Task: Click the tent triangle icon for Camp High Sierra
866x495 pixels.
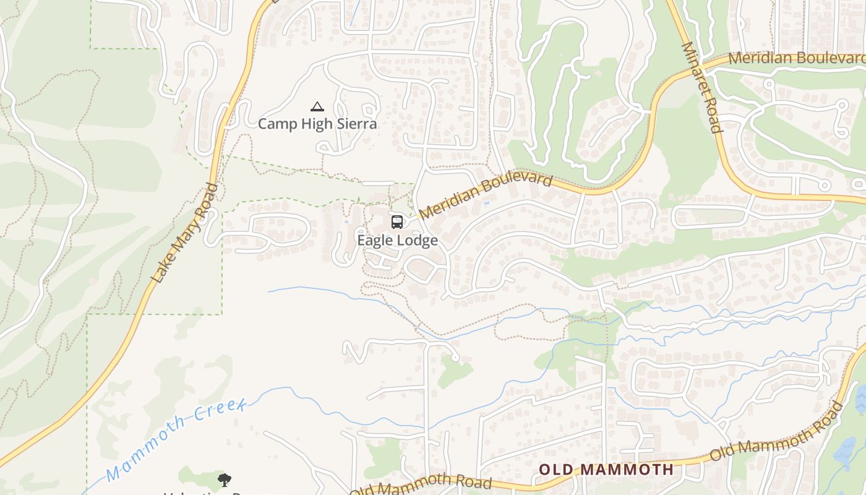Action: point(317,106)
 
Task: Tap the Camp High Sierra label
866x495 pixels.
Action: point(317,124)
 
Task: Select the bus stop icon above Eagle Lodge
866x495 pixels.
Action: point(397,222)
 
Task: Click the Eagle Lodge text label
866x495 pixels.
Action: point(397,240)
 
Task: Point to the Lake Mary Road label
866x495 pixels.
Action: point(185,233)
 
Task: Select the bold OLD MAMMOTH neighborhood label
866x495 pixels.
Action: point(606,469)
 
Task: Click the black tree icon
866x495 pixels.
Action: point(225,480)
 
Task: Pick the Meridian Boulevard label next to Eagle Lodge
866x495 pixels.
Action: point(486,196)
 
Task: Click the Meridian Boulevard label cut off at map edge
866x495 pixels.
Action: point(797,58)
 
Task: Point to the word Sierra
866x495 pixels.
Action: point(356,124)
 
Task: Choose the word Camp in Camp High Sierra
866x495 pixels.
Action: point(275,124)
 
